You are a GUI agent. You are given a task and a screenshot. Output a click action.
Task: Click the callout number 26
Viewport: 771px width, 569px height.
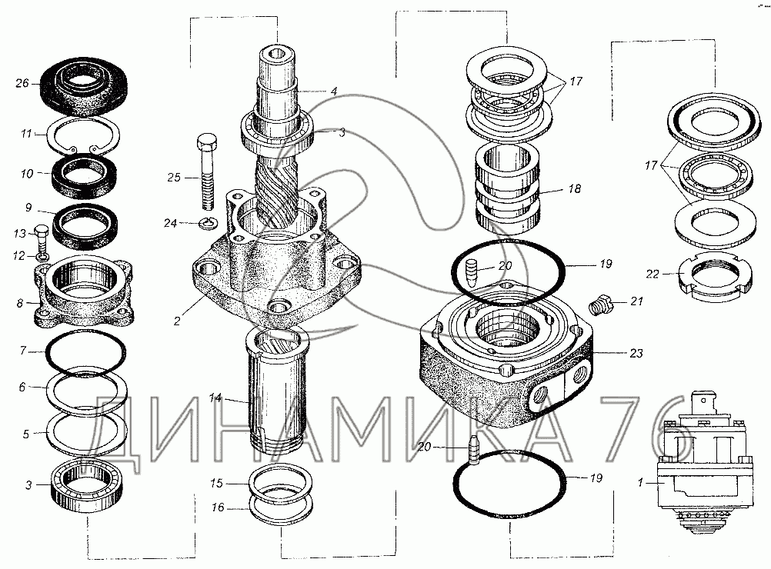(22, 83)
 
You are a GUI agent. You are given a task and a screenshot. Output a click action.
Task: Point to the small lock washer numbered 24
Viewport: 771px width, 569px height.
(209, 224)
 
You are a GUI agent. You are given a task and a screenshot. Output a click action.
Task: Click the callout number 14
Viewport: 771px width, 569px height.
(215, 398)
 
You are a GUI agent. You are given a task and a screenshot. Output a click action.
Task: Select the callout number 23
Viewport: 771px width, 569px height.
(636, 353)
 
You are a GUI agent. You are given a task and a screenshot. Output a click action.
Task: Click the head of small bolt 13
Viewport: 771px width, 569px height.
(42, 230)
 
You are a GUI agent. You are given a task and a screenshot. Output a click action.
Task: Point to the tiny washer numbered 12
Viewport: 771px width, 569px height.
(42, 256)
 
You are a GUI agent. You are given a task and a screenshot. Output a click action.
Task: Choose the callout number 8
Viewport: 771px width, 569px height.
(20, 303)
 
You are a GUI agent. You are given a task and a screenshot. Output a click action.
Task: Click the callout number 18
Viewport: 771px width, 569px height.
(574, 188)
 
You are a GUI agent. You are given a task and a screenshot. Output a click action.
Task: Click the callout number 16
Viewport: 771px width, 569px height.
(218, 507)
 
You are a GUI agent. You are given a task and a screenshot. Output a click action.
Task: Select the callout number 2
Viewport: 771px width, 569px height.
(177, 321)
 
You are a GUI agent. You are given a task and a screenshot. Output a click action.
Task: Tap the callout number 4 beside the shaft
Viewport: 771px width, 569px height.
(334, 92)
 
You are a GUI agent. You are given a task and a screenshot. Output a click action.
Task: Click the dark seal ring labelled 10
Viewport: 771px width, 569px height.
(84, 175)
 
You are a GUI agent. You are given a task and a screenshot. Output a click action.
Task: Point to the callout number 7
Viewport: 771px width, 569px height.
(22, 351)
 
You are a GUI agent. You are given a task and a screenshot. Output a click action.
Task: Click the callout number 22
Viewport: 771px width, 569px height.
(652, 274)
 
